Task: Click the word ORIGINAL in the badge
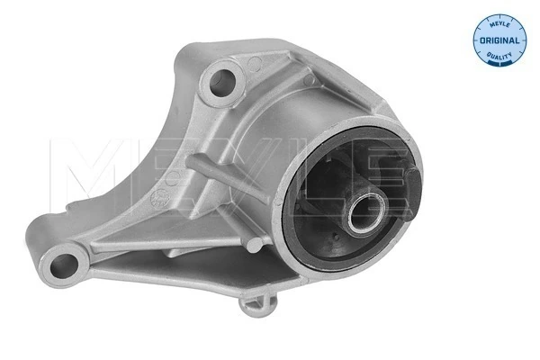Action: (x=499, y=41)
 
